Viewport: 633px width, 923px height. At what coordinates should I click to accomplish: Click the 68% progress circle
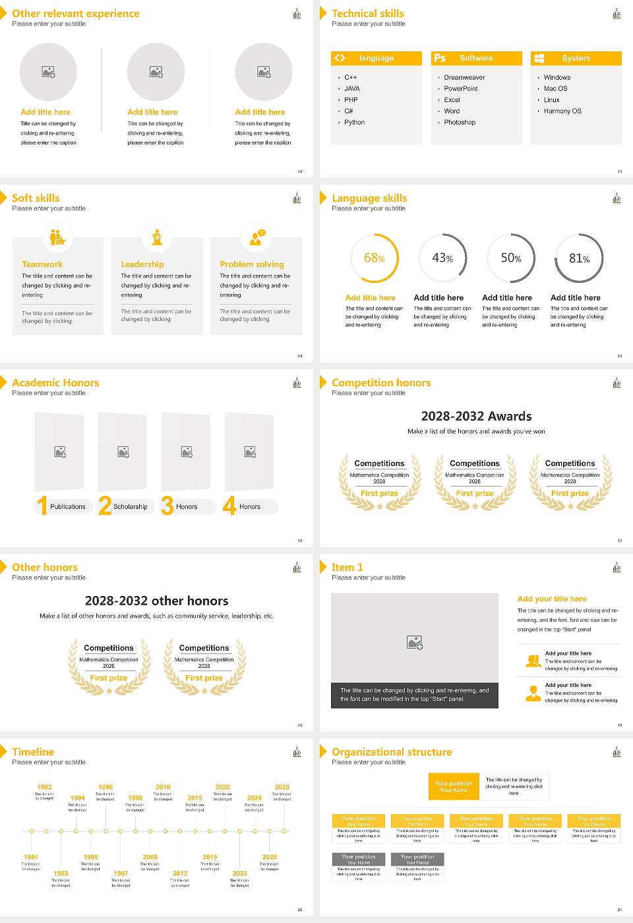pos(375,258)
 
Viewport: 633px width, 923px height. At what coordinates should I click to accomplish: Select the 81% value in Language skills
pos(579,258)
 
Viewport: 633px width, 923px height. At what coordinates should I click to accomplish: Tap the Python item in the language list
pos(354,123)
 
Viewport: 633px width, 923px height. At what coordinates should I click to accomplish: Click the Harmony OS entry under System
pos(562,111)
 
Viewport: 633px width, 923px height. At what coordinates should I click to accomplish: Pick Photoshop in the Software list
pos(460,123)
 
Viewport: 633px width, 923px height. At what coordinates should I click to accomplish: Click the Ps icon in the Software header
pos(440,58)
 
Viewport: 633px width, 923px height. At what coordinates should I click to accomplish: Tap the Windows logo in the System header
pos(539,58)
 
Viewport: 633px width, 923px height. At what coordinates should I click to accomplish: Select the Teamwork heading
pos(42,264)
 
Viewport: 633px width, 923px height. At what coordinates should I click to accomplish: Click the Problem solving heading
pos(252,264)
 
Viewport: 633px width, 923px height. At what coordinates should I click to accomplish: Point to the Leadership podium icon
pos(157,237)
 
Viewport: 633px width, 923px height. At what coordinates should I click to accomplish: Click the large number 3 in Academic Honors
pos(167,506)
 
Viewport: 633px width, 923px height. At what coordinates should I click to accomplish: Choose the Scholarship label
pos(130,507)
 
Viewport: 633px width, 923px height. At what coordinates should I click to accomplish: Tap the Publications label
pos(68,507)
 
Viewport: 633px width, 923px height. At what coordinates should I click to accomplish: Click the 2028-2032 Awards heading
pos(476,416)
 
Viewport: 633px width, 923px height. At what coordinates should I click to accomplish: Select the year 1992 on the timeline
pos(44,787)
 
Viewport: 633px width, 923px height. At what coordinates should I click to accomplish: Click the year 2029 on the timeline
pos(282,787)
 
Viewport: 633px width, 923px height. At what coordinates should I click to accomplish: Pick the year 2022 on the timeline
pos(240,874)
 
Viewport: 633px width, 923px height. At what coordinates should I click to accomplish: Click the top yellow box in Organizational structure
pos(454,787)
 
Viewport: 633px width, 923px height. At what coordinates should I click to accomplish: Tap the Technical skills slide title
pos(368,13)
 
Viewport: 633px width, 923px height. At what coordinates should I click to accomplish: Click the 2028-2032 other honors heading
pos(157,601)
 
